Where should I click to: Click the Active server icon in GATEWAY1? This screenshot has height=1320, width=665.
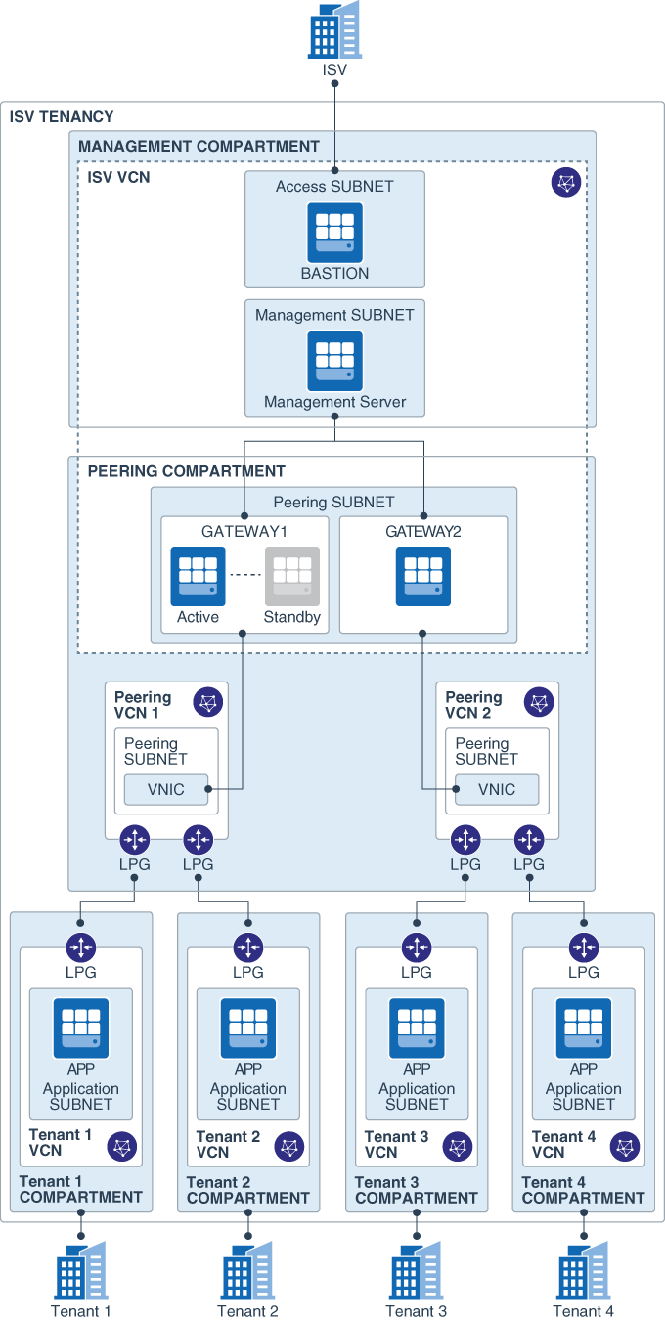(x=199, y=576)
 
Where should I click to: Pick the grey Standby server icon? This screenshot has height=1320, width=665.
(x=291, y=576)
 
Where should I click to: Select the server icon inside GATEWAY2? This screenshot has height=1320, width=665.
(x=423, y=576)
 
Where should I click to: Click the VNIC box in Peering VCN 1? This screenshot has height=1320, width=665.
(x=166, y=789)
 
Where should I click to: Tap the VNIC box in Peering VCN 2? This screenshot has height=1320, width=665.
(x=497, y=789)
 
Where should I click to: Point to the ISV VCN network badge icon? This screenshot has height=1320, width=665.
(x=566, y=182)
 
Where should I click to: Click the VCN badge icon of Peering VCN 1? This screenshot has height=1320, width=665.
(x=208, y=702)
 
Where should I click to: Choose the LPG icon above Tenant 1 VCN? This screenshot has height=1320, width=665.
(x=80, y=947)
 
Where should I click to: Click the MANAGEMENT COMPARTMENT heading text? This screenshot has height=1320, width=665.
(x=199, y=147)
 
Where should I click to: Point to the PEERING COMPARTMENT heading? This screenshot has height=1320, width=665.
(x=187, y=471)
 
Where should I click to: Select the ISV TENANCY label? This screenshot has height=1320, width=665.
(x=62, y=117)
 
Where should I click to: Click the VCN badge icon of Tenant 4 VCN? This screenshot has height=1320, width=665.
(x=626, y=1146)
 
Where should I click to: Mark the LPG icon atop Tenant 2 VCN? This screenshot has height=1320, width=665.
(x=248, y=947)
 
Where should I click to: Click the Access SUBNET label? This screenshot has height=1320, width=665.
(x=334, y=187)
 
